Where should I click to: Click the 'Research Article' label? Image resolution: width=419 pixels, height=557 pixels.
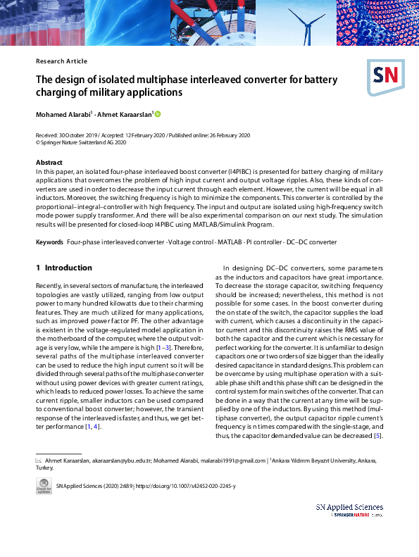coord(61,61)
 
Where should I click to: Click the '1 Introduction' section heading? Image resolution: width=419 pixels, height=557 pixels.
coord(63,268)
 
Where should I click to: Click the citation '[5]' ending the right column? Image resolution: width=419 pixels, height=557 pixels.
coord(378,436)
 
